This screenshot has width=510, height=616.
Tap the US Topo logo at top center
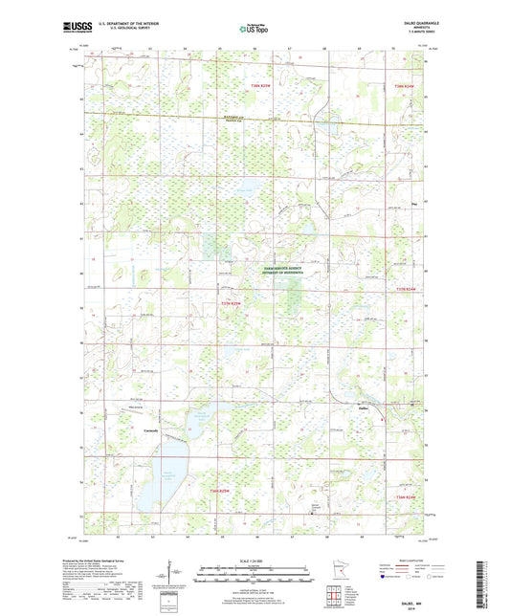[254, 30]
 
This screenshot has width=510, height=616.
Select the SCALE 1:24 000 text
[254, 560]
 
